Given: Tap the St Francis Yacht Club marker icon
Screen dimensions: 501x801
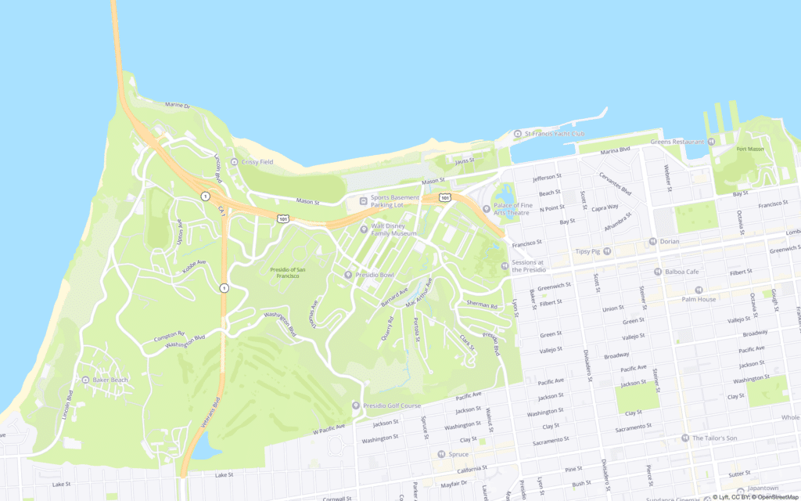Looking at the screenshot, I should pyautogui.click(x=517, y=134).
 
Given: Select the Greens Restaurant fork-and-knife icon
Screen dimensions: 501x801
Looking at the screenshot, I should pyautogui.click(x=711, y=142).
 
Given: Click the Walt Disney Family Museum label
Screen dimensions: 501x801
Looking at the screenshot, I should pyautogui.click(x=394, y=229).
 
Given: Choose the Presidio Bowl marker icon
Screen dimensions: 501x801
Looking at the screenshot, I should pyautogui.click(x=350, y=275).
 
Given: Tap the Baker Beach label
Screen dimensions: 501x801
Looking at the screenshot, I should pyautogui.click(x=110, y=380).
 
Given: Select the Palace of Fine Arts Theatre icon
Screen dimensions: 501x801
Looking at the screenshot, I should pyautogui.click(x=486, y=209).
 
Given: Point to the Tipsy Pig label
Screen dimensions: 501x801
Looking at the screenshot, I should pyautogui.click(x=587, y=251).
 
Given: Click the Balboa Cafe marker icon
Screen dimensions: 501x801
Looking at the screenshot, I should pyautogui.click(x=657, y=272).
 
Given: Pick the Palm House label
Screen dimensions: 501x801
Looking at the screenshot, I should pyautogui.click(x=699, y=299).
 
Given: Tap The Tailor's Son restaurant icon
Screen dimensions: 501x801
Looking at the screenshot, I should pyautogui.click(x=685, y=438).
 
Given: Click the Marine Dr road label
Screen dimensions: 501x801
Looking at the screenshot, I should pyautogui.click(x=178, y=105).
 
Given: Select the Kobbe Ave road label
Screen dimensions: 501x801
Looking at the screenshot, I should pyautogui.click(x=194, y=266).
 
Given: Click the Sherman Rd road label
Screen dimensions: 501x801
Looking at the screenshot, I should pyautogui.click(x=482, y=305).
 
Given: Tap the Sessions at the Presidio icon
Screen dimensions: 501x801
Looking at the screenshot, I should pyautogui.click(x=505, y=266).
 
